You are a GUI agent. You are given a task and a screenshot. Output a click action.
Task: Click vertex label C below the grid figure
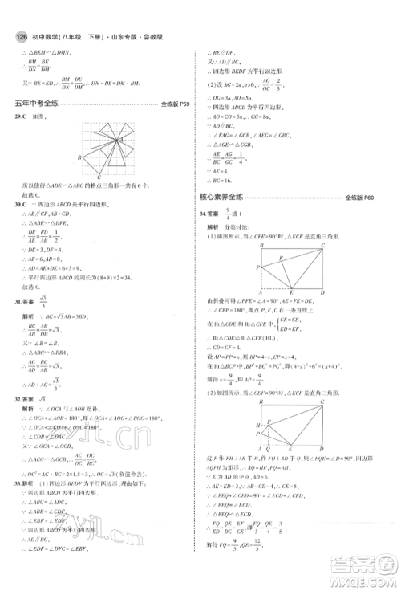click(x=99, y=177)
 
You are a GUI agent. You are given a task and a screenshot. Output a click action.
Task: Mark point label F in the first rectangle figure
click(x=280, y=259)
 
